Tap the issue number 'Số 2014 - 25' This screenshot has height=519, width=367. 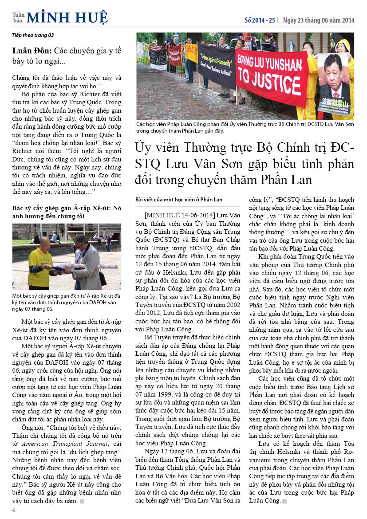point(260,20)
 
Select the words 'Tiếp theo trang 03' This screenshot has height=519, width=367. point(33,35)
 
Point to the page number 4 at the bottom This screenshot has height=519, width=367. point(14,510)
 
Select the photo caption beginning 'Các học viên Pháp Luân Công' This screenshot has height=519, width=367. point(245,128)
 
